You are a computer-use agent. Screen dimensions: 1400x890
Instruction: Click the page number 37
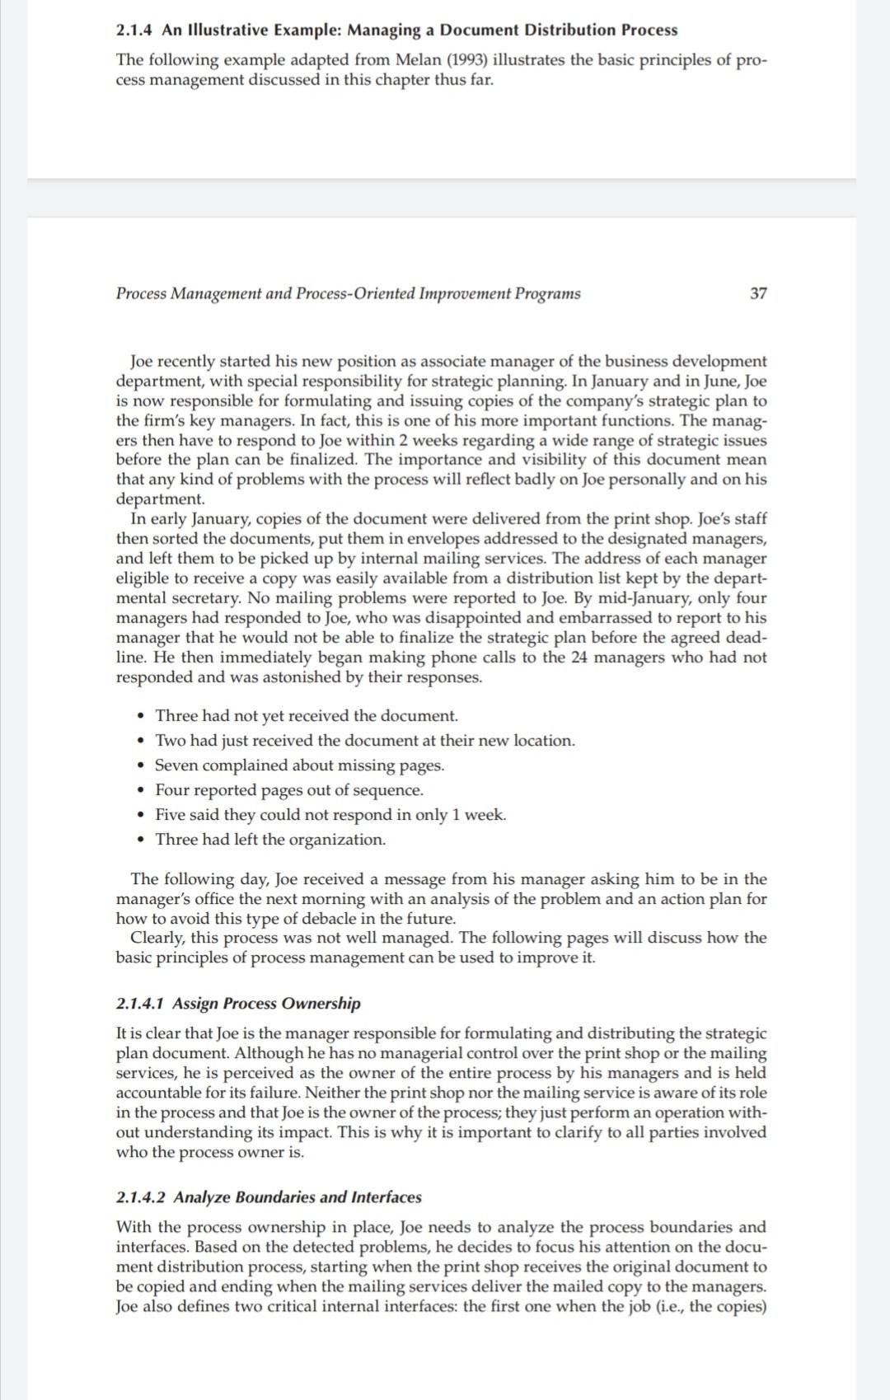pos(758,293)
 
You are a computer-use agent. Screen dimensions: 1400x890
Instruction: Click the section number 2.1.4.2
pos(141,1197)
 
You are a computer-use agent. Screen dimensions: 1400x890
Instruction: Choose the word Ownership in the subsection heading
pos(321,1004)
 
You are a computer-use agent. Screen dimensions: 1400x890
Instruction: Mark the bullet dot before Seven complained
pos(144,766)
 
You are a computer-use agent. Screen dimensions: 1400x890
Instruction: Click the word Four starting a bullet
pos(172,790)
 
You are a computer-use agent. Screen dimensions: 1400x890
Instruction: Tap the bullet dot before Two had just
pos(144,741)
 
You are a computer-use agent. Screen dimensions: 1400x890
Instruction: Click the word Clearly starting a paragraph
pos(157,938)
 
